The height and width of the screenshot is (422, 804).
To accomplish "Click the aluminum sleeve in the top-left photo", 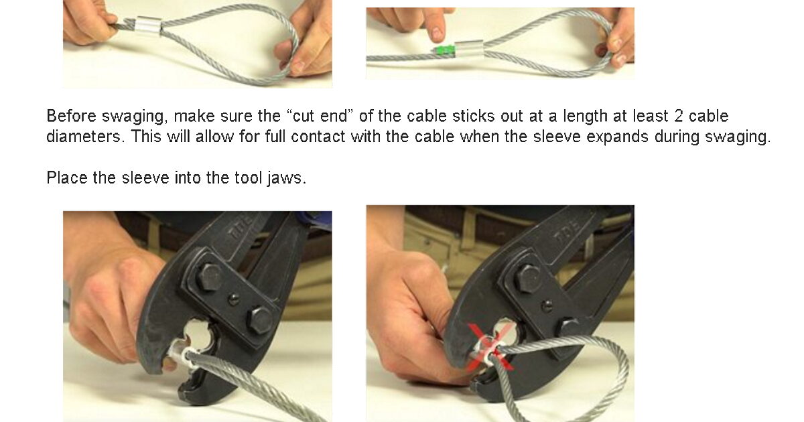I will tap(148, 27).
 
